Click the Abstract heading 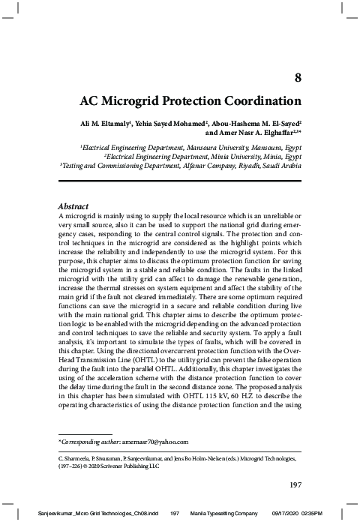(73, 206)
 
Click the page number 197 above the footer (295, 484)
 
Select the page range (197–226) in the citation (70, 463)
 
